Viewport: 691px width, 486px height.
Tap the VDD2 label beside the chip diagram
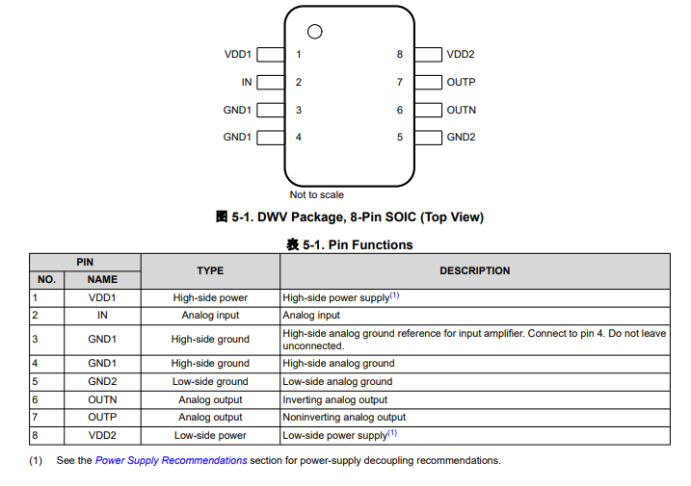click(461, 54)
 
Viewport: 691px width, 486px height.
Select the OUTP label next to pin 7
click(461, 82)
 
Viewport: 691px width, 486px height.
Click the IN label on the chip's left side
click(247, 82)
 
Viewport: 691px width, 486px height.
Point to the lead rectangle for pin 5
click(428, 138)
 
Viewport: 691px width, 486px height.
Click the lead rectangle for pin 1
click(271, 55)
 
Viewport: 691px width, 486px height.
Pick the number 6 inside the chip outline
click(400, 110)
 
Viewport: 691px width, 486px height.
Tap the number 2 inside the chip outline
click(299, 83)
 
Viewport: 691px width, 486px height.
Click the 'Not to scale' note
click(316, 194)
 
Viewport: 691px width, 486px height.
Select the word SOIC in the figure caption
click(400, 217)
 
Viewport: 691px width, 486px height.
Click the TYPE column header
click(210, 270)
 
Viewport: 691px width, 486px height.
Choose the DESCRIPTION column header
click(474, 270)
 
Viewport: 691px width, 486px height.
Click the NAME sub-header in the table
click(102, 279)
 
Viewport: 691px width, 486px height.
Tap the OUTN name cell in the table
click(102, 399)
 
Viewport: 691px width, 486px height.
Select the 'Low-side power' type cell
click(210, 435)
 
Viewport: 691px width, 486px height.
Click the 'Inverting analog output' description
click(335, 399)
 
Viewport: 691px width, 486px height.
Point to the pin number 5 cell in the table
click(36, 381)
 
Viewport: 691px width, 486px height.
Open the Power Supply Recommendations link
click(171, 460)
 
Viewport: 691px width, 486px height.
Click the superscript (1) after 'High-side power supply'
click(394, 294)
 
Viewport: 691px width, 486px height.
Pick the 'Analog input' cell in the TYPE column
click(210, 316)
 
